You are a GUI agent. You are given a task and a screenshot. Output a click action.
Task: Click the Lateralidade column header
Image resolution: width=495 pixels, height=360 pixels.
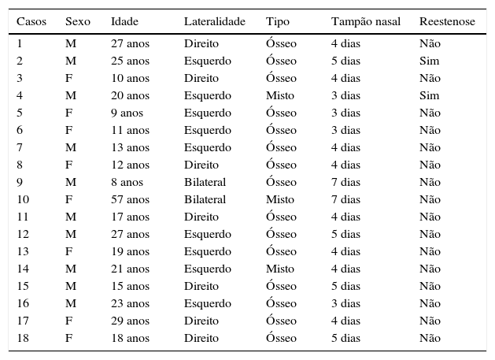pos(214,21)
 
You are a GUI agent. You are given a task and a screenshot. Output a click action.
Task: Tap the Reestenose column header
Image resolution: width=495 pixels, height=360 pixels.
pos(447,21)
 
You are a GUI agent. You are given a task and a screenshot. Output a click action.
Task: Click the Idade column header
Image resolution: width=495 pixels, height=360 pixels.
pos(124,21)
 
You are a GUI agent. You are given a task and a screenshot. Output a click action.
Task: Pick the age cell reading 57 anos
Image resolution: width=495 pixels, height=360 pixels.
pos(130,199)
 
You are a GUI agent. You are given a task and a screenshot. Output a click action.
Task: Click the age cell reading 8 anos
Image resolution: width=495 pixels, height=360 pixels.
pos(127,182)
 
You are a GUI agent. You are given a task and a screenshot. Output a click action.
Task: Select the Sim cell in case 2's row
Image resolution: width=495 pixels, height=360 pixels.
pos(430,61)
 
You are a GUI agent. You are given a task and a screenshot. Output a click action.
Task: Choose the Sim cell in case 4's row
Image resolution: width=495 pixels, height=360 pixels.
pos(430,95)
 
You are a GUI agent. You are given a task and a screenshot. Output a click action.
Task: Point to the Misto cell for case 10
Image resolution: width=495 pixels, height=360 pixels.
pos(279,199)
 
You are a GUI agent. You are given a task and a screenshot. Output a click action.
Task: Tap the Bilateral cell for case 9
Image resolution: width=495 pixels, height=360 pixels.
pos(205,182)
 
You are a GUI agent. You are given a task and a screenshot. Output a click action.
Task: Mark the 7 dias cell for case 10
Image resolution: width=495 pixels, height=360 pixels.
pos(345,199)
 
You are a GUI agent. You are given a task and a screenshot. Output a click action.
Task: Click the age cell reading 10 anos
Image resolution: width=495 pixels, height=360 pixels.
pos(130,78)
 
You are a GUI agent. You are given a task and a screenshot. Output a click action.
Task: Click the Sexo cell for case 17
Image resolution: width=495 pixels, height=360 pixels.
pos(68,321)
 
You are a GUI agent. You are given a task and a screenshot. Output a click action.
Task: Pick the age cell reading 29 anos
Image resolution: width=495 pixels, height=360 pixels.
pos(130,321)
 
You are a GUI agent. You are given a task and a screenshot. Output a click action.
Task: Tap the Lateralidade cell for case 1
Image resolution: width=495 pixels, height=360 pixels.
pos(201,43)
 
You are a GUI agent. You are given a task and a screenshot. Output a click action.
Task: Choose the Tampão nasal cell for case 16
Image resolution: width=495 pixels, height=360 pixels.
pos(345,303)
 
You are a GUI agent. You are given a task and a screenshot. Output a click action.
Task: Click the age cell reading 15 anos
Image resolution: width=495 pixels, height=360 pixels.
pos(130,286)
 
